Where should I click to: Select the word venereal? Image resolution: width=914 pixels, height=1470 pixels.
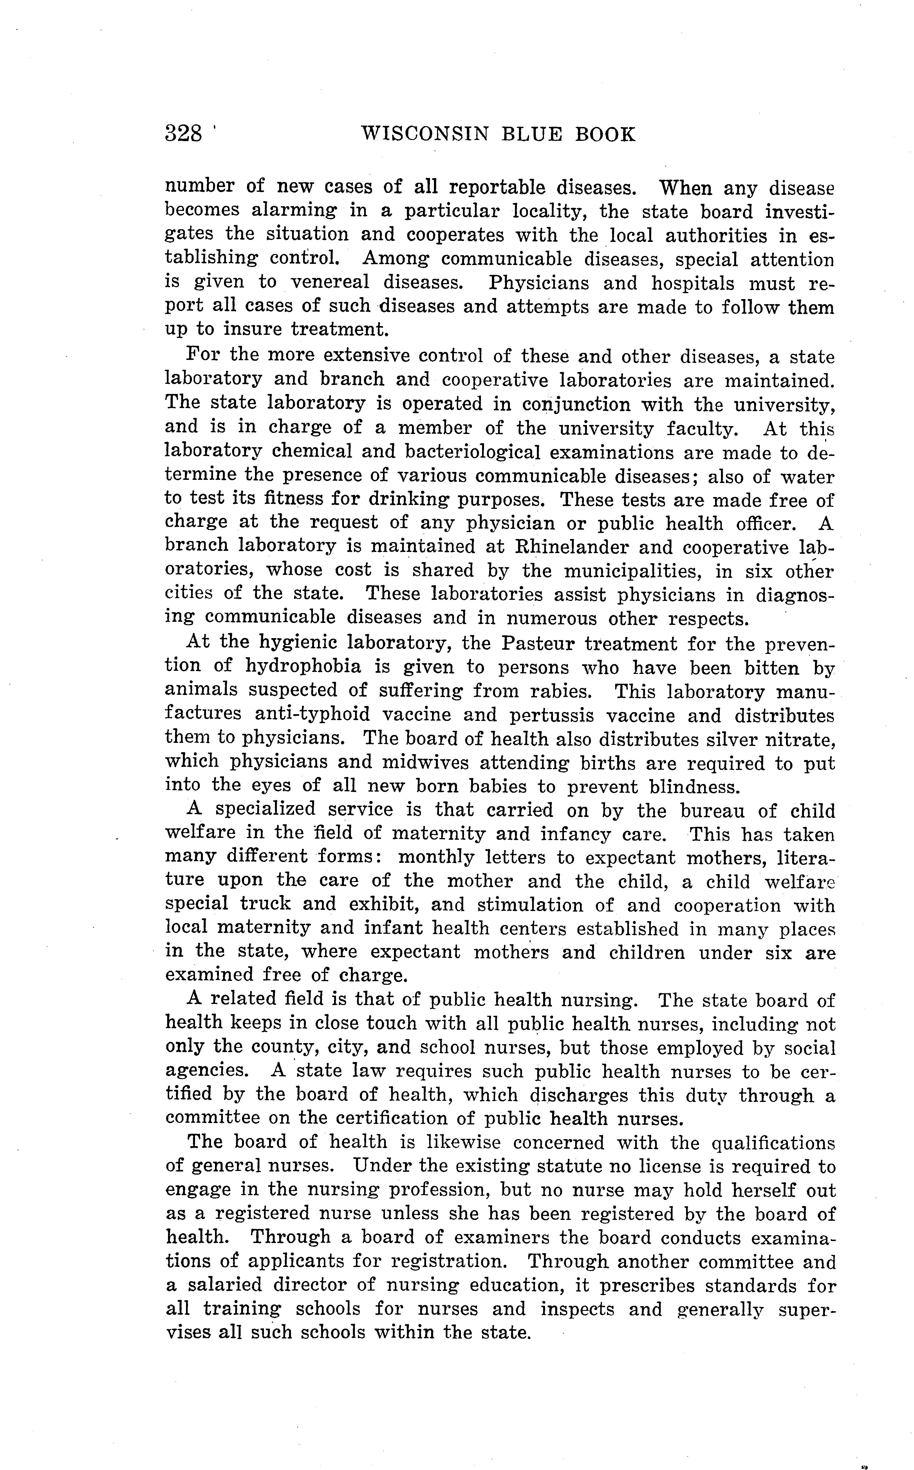[x=330, y=282]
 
